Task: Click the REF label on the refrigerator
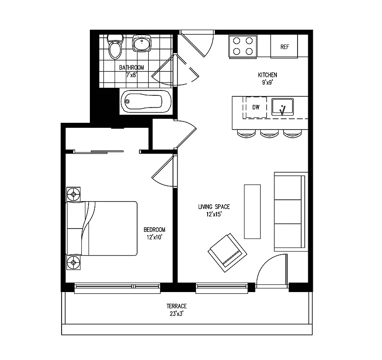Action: [284, 47]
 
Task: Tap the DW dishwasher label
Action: [256, 107]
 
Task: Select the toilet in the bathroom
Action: [115, 47]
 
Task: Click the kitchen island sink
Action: [282, 107]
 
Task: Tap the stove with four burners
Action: [243, 45]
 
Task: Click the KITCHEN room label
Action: [267, 75]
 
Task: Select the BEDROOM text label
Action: [154, 229]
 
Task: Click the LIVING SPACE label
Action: [214, 207]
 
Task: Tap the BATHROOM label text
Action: [131, 67]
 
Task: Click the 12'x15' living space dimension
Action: [213, 215]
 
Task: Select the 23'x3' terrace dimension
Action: [177, 314]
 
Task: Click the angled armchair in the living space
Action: [227, 252]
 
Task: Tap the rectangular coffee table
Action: [252, 211]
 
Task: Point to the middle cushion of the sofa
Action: [290, 211]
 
